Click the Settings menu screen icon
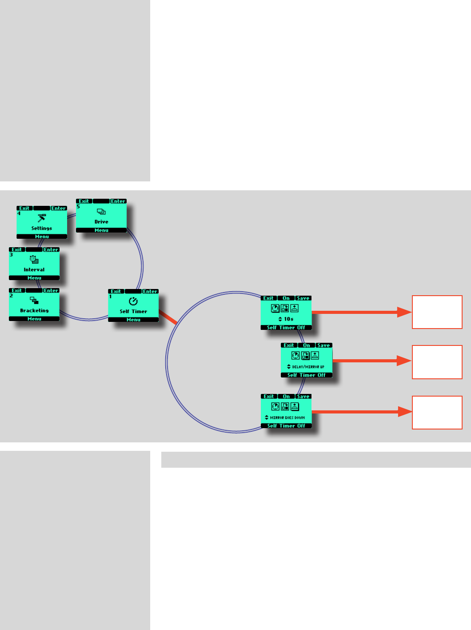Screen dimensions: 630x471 [x=42, y=218]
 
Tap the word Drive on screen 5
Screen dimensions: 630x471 [x=101, y=222]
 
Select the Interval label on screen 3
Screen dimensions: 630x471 [x=34, y=270]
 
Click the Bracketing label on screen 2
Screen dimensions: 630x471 [x=34, y=311]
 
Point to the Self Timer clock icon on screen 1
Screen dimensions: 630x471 [x=133, y=301]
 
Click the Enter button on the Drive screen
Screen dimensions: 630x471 [x=118, y=201]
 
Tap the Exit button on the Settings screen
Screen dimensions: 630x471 [x=24, y=208]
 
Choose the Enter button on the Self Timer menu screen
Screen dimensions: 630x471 [x=150, y=292]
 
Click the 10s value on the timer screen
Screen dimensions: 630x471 [x=289, y=319]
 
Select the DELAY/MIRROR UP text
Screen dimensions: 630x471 [x=308, y=367]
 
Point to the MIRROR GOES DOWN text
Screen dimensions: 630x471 [x=287, y=418]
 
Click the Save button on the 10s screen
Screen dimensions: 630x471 [x=303, y=298]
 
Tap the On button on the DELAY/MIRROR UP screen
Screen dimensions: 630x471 [x=307, y=345]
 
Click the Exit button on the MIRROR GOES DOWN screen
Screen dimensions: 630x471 [x=269, y=397]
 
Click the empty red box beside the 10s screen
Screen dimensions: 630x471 [x=437, y=312]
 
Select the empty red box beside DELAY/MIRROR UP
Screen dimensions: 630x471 [x=437, y=362]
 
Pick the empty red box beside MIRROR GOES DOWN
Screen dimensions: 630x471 [x=437, y=413]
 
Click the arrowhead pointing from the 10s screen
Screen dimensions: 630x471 [x=404, y=312]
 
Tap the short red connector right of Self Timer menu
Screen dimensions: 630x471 [x=168, y=317]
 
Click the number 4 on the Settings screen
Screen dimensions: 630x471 [x=19, y=214]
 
